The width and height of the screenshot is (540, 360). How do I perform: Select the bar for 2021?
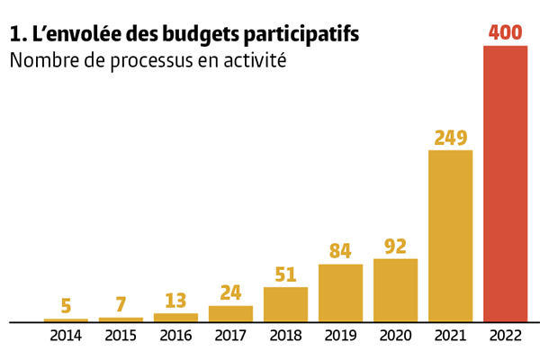pyautogui.click(x=450, y=236)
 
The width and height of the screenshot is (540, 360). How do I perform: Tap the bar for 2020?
pyautogui.click(x=395, y=290)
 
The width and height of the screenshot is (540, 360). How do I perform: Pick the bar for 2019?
pyautogui.click(x=340, y=292)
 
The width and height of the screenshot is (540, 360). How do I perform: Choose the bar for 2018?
pyautogui.click(x=285, y=304)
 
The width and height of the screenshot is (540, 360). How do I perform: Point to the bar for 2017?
pyautogui.click(x=230, y=313)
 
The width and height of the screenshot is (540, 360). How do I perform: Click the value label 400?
pyautogui.click(x=506, y=32)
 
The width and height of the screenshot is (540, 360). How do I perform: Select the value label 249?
pyautogui.click(x=450, y=138)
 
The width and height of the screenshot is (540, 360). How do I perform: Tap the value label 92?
pyautogui.click(x=395, y=246)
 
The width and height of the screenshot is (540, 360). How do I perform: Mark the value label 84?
pyautogui.click(x=340, y=251)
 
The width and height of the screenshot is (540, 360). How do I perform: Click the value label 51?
pyautogui.click(x=285, y=274)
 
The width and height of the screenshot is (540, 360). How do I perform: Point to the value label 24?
pyautogui.click(x=230, y=293)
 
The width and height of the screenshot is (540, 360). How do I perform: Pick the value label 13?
pyautogui.click(x=175, y=301)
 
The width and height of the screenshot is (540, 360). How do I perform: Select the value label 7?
pyautogui.click(x=121, y=305)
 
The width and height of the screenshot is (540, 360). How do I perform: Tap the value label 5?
pyautogui.click(x=66, y=306)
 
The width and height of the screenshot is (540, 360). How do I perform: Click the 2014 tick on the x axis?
pyautogui.click(x=66, y=336)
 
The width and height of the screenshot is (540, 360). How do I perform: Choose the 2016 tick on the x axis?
pyautogui.click(x=175, y=336)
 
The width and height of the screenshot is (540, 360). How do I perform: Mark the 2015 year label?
pyautogui.click(x=121, y=336)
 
